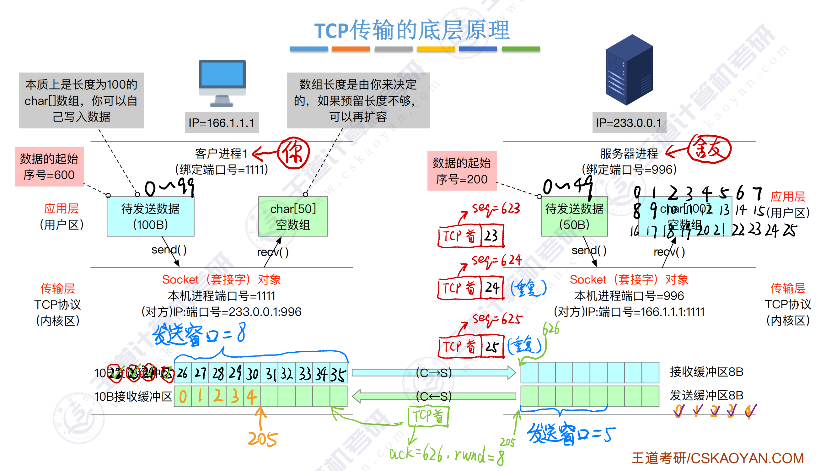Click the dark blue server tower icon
pos(629,70)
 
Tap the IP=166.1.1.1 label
pos(222,123)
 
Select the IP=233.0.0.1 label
pos(629,123)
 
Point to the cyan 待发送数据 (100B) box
pos(150,216)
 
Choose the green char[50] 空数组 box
pos(293,216)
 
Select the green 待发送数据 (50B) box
pos(574,216)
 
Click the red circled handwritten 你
pos(293,153)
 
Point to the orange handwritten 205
pos(263,439)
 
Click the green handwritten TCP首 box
pos(429,416)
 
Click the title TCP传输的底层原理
pos(412,30)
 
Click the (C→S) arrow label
pos(434,373)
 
